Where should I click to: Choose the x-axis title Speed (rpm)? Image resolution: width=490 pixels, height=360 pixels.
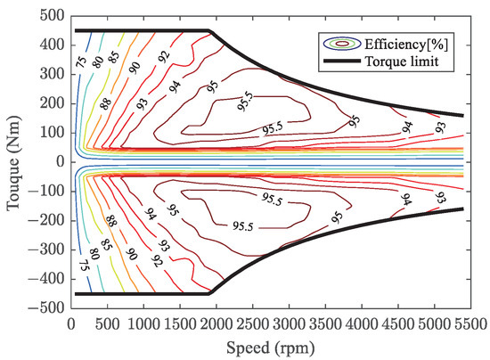tap(282, 346)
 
